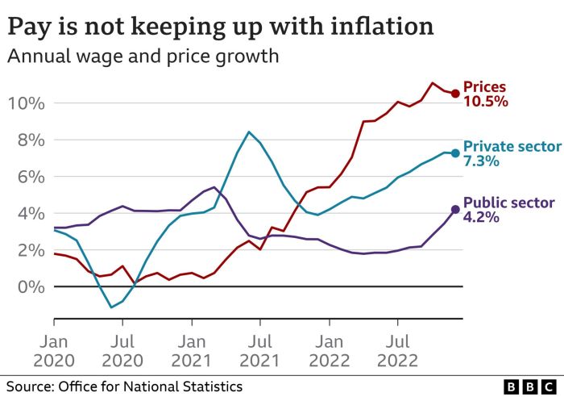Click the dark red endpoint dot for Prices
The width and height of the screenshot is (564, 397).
tap(455, 94)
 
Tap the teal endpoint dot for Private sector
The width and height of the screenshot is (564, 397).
tap(455, 153)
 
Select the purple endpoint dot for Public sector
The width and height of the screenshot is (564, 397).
tap(455, 209)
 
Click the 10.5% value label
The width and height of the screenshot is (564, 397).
tap(485, 102)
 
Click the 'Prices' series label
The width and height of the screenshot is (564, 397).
tap(485, 87)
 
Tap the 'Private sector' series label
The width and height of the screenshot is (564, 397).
tap(511, 146)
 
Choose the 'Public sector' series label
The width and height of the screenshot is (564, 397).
tap(508, 203)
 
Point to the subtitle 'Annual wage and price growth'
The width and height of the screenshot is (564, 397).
tap(143, 57)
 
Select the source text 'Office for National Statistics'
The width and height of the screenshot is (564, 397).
tap(151, 386)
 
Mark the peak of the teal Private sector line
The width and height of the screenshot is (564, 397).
tap(249, 132)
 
